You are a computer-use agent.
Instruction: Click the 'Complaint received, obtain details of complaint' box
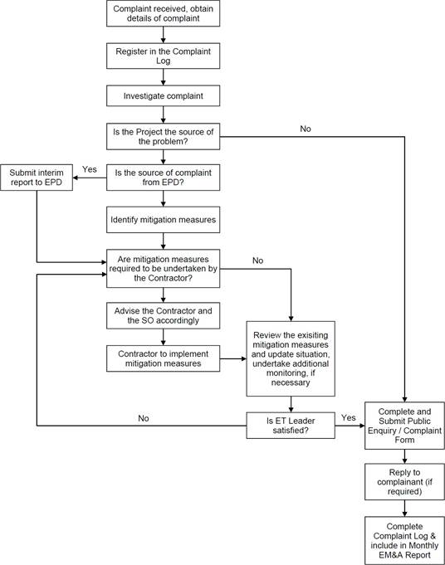click(163, 13)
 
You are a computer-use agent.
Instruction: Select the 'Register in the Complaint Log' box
click(163, 56)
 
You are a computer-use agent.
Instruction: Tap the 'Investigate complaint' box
click(163, 96)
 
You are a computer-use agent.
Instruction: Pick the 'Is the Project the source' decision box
click(163, 137)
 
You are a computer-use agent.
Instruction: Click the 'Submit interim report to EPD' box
click(37, 178)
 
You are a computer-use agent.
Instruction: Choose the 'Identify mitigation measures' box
click(163, 220)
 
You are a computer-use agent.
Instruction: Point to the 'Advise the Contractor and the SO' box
click(163, 315)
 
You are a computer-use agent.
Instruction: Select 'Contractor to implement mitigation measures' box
click(163, 358)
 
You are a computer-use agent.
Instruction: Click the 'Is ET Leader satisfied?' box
click(291, 426)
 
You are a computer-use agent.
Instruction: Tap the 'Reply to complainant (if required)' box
click(404, 482)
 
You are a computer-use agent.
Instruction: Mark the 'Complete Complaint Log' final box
click(404, 540)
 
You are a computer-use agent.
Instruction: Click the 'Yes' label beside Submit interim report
click(90, 169)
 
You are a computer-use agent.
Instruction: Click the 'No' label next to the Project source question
click(306, 129)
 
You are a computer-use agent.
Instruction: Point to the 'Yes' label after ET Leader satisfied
click(349, 417)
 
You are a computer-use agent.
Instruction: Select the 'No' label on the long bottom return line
click(144, 418)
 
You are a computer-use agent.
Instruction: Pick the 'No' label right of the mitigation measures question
click(258, 261)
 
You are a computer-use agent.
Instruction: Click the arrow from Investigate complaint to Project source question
click(163, 114)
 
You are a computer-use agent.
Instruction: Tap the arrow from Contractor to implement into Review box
click(233, 359)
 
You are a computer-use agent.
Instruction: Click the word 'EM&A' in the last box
click(391, 555)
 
